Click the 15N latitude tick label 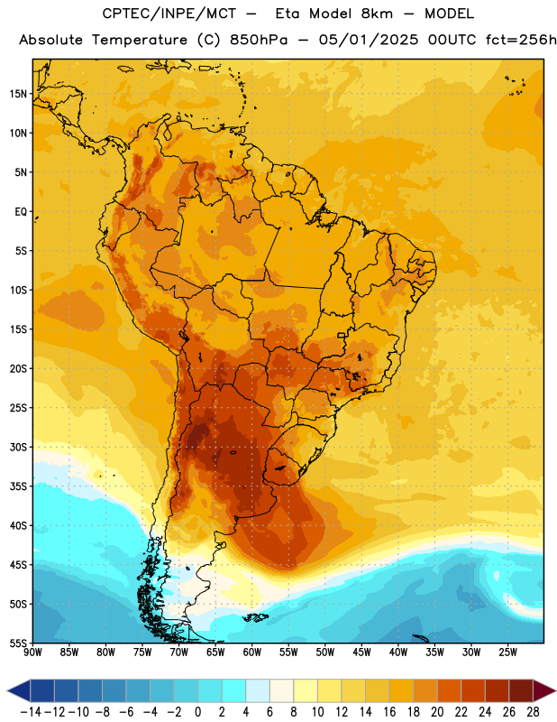click(18, 94)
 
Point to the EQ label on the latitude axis click(21, 212)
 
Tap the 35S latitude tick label click(18, 486)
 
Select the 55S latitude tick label click(18, 643)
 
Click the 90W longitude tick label click(32, 652)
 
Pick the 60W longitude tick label click(251, 652)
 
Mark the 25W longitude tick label click(507, 652)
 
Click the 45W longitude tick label click(361, 652)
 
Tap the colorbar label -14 click(31, 712)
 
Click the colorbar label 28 click(533, 712)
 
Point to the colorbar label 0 click(198, 712)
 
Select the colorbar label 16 click(389, 712)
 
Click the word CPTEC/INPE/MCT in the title click(169, 14)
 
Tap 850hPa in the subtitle click(258, 40)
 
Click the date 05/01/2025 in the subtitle click(369, 40)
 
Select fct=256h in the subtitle click(520, 40)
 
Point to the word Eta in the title click(288, 14)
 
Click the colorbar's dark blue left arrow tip click(8, 690)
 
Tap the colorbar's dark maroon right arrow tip click(555, 690)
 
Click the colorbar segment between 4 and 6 click(258, 690)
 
